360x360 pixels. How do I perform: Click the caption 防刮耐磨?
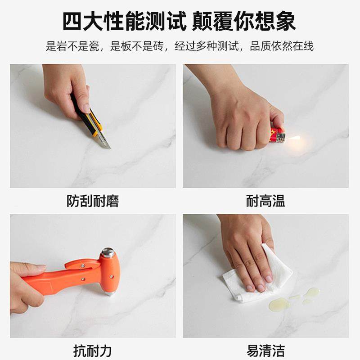[x=93, y=201]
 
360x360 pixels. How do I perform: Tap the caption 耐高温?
[x=265, y=201]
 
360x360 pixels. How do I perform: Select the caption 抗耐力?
[x=93, y=350]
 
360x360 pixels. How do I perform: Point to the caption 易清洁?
[x=265, y=350]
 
